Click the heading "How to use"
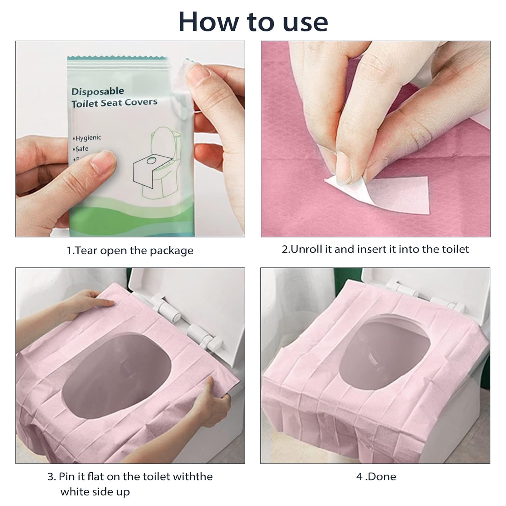[253, 21]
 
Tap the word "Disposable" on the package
[97, 91]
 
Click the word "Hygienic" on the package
[87, 138]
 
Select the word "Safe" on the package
[81, 148]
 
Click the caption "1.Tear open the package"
[130, 251]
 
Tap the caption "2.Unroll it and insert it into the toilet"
[375, 249]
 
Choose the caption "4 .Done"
[376, 477]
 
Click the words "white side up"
[95, 492]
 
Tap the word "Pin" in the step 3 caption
[66, 477]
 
